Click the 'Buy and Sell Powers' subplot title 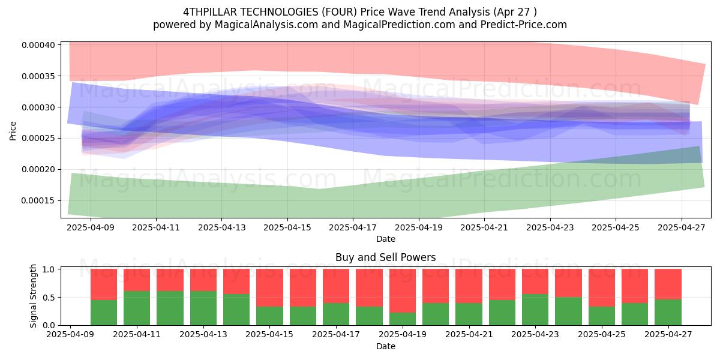pos(385,257)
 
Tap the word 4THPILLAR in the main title pos(210,12)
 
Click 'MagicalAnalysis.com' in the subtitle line pos(266,25)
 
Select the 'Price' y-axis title pos(13,131)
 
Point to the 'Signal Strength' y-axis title pos(33,296)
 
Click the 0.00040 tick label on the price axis pos(38,45)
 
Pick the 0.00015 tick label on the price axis pos(38,201)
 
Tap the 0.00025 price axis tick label pos(38,139)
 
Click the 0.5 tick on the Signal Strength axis pos(49,298)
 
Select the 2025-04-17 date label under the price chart pos(353,227)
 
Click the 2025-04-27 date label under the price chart pos(682,227)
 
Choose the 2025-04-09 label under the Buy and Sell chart pos(70,335)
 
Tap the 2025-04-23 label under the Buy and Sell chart pos(535,335)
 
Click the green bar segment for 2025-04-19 pos(403,319)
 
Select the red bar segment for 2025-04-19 pos(403,291)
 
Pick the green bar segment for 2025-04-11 pos(137,308)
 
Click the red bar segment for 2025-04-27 pos(668,284)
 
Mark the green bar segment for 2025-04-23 pos(535,310)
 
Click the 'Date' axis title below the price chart pos(385,239)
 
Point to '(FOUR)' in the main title pos(339,12)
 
